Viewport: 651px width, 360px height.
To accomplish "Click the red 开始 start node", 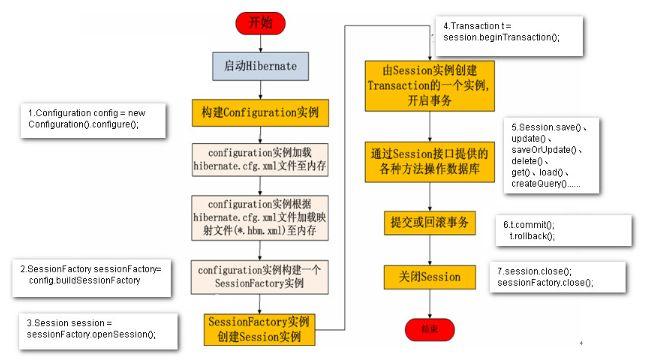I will pyautogui.click(x=259, y=21).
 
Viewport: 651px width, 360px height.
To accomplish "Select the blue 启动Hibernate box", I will pyautogui.click(x=259, y=67).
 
